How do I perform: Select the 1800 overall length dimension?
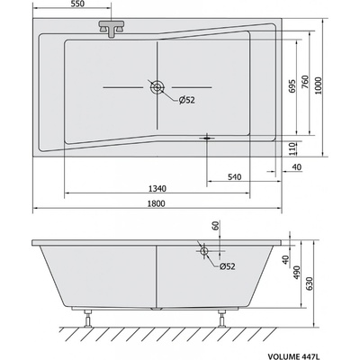156,203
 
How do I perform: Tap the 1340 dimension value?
157,189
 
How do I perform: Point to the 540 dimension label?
234,177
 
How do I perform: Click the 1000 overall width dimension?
319,85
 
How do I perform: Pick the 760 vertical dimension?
304,82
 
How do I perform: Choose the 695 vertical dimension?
292,86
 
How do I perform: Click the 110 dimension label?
293,148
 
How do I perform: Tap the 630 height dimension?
310,283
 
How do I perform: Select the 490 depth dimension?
296,273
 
